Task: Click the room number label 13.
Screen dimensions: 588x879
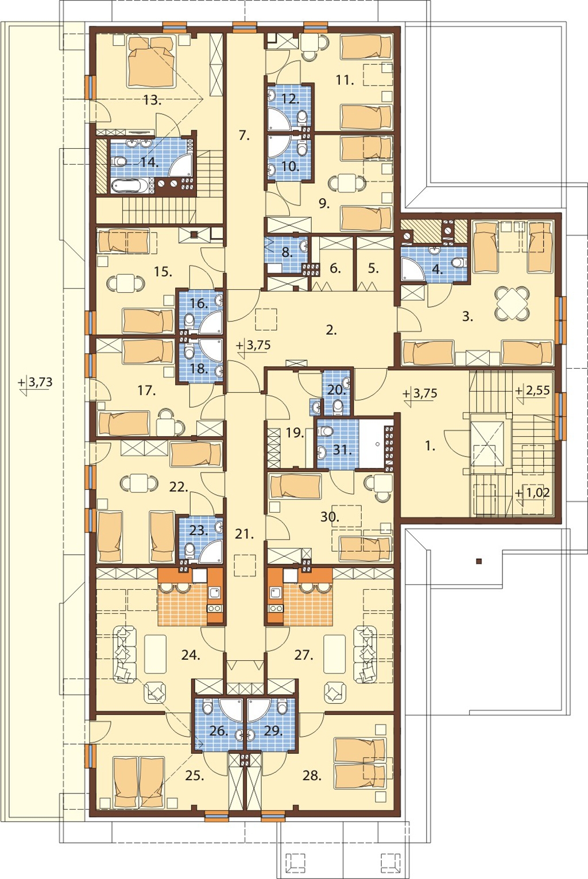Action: coord(152,100)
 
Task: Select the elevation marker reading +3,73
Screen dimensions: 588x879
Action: coord(35,382)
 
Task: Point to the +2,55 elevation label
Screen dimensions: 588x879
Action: coord(532,391)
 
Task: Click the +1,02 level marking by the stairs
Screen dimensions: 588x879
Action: coord(532,493)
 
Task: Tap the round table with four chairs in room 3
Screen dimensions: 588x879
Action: coord(512,303)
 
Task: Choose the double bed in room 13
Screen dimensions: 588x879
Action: coord(150,61)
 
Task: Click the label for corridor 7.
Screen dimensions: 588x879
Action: coord(244,135)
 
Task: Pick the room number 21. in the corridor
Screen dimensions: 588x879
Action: coord(244,534)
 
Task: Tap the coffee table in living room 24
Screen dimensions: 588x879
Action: coord(156,654)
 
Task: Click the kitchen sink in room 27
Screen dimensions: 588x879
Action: coord(275,592)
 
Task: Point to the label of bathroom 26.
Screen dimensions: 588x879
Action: coord(219,731)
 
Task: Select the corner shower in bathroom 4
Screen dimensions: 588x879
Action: coord(413,268)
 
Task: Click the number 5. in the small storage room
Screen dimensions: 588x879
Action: coord(373,269)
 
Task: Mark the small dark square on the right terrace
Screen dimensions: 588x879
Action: coord(479,561)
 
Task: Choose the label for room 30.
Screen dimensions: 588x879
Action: coord(330,517)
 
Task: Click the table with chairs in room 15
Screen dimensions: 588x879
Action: coord(126,282)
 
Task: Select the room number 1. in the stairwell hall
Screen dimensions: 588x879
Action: coord(430,446)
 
